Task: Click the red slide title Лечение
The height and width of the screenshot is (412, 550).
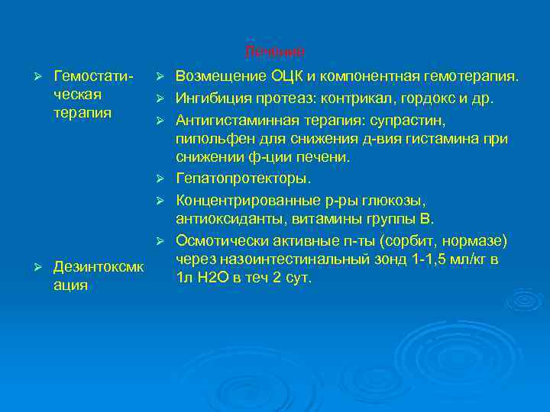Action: (275, 52)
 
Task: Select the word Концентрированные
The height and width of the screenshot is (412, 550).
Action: (245, 200)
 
